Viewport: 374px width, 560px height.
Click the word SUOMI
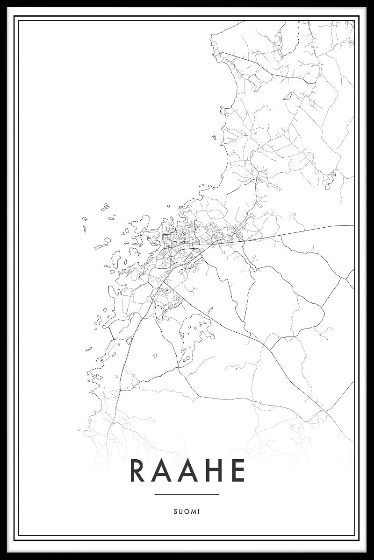tap(187, 511)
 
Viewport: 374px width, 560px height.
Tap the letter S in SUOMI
tap(174, 511)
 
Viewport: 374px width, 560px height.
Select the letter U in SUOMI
tap(180, 511)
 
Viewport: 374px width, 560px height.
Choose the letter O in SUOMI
tap(186, 511)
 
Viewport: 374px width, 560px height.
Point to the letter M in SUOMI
tap(193, 511)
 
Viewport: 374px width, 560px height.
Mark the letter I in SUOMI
tap(199, 511)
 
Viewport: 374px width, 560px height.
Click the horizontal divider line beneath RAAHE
tap(187, 494)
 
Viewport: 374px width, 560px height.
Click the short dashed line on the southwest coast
tap(111, 332)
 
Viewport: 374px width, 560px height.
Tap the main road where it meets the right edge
tap(353, 226)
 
